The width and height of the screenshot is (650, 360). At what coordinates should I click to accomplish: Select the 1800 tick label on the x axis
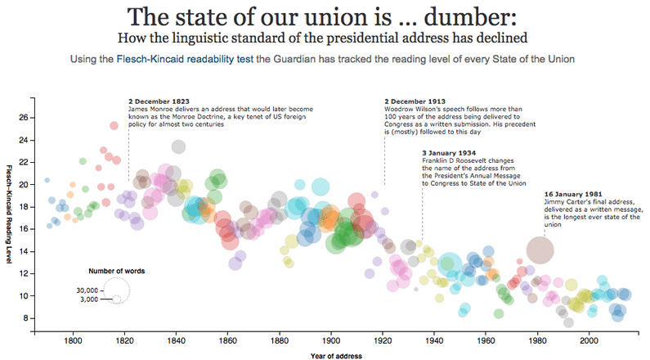coord(73,340)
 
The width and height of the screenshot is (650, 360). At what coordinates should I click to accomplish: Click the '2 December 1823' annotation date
coord(155,101)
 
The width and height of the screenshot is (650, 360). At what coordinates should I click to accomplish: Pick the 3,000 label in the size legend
coord(89,299)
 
